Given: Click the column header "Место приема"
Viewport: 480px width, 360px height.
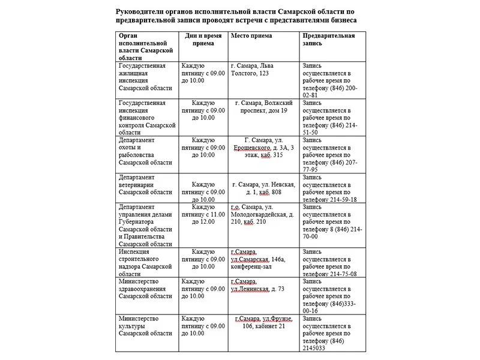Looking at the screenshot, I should (251, 36).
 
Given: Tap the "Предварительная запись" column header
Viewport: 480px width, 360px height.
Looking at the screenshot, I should (328, 40).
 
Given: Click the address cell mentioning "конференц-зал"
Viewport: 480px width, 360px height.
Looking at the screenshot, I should (262, 259).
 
